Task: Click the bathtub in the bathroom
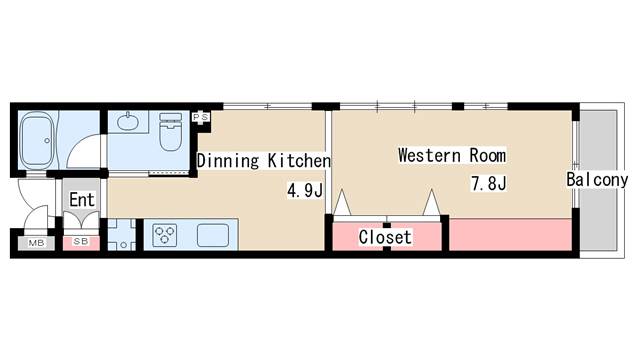click(37, 140)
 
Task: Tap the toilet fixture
click(170, 131)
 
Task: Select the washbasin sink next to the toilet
click(128, 122)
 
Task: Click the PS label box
click(200, 118)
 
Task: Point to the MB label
click(36, 243)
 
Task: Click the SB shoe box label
click(81, 242)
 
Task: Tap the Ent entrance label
click(82, 200)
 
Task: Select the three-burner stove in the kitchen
click(164, 236)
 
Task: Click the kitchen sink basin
click(213, 236)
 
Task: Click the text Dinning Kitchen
click(264, 160)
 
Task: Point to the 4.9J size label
click(305, 190)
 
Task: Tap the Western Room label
click(452, 155)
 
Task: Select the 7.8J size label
click(489, 183)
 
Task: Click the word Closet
click(385, 237)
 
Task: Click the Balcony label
click(597, 180)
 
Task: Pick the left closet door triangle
click(342, 203)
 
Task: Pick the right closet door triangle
click(431, 202)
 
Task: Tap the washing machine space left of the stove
click(121, 234)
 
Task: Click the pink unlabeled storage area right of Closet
click(510, 235)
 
